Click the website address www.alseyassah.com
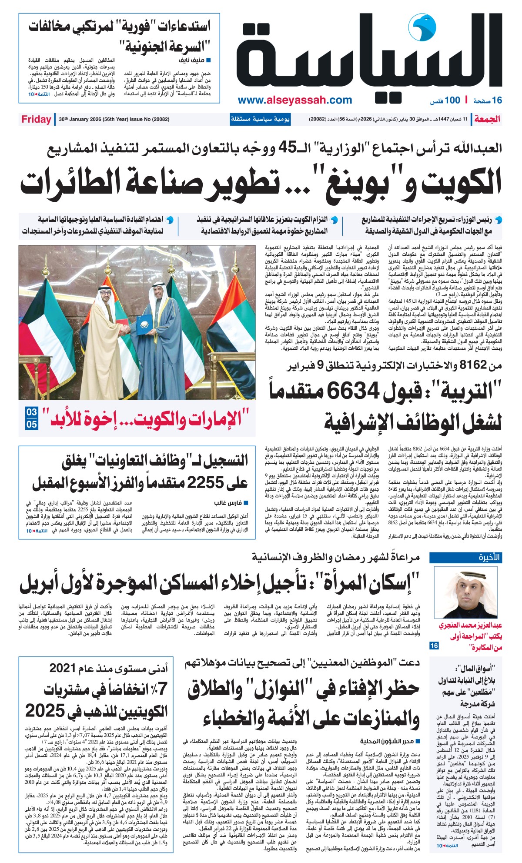(x=295, y=100)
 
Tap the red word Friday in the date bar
(x=36, y=119)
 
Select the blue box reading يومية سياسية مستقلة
(x=260, y=119)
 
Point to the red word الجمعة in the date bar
(x=487, y=119)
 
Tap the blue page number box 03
(x=32, y=411)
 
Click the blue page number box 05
(x=32, y=424)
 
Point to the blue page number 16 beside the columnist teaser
(x=434, y=646)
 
